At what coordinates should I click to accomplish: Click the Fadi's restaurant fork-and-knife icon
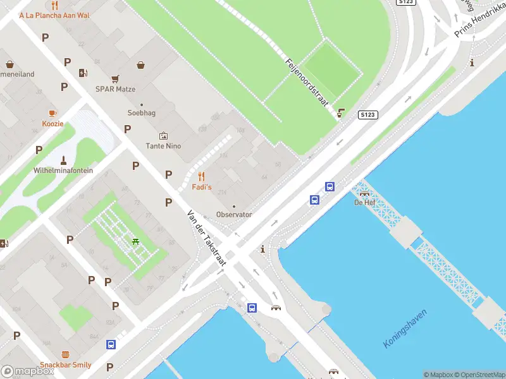pyautogui.click(x=202, y=176)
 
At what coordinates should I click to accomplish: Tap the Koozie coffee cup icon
pyautogui.click(x=53, y=113)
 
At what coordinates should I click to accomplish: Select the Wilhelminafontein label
pyautogui.click(x=63, y=171)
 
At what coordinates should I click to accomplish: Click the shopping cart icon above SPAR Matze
pyautogui.click(x=115, y=79)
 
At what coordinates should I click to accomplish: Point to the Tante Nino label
pyautogui.click(x=164, y=146)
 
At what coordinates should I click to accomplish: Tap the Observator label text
pyautogui.click(x=234, y=214)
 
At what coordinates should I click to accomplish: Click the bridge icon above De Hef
pyautogui.click(x=364, y=192)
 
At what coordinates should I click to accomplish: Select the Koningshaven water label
pyautogui.click(x=405, y=328)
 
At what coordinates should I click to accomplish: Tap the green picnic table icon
pyautogui.click(x=135, y=241)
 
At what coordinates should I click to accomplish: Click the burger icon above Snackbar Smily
pyautogui.click(x=65, y=354)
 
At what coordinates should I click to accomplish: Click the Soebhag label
pyautogui.click(x=141, y=113)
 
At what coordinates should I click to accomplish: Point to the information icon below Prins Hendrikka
pyautogui.click(x=472, y=63)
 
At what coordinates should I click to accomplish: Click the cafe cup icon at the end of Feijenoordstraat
pyautogui.click(x=342, y=113)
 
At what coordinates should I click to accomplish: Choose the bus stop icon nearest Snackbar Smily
pyautogui.click(x=111, y=344)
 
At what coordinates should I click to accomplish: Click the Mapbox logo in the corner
pyautogui.click(x=28, y=371)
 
